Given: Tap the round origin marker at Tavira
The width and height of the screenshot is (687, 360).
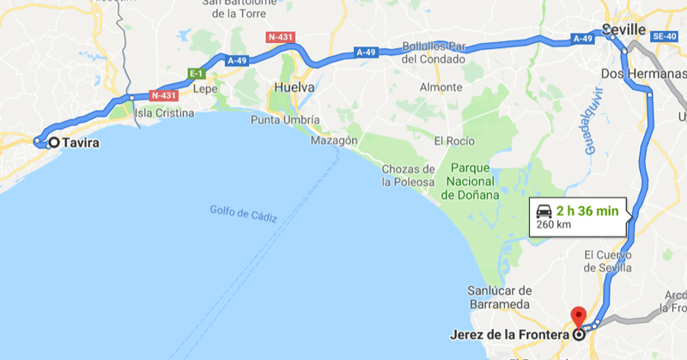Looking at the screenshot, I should pyautogui.click(x=54, y=143).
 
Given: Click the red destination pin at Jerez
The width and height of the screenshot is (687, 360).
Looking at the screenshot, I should pyautogui.click(x=578, y=315).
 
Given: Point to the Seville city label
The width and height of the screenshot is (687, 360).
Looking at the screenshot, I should pyautogui.click(x=623, y=30).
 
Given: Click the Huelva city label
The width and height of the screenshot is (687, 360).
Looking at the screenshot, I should pyautogui.click(x=293, y=88).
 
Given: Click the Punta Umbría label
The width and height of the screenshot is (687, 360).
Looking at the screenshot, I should pyautogui.click(x=285, y=119).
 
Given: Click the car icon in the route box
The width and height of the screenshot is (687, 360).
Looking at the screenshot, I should pyautogui.click(x=544, y=211).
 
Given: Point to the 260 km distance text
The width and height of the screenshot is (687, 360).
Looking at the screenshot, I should pyautogui.click(x=553, y=225).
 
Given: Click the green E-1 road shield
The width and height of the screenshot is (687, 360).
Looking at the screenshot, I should pyautogui.click(x=196, y=73).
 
